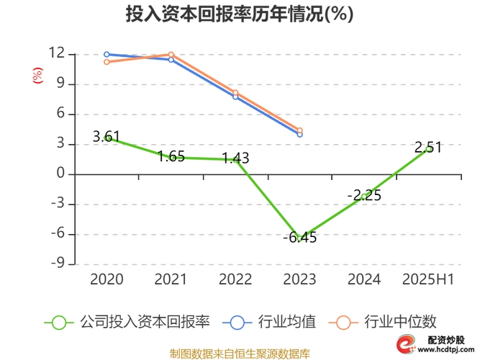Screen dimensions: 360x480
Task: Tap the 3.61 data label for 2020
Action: click(x=107, y=136)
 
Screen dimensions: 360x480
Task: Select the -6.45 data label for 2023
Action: click(x=300, y=238)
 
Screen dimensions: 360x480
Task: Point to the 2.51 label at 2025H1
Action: click(x=428, y=148)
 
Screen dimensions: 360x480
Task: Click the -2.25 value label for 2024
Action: click(x=364, y=195)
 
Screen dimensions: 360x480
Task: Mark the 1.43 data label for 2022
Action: click(x=235, y=158)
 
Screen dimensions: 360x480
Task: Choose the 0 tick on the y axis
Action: click(x=61, y=174)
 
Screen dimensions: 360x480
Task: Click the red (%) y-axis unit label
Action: click(x=37, y=76)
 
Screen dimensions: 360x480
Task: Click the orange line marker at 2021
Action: click(x=171, y=55)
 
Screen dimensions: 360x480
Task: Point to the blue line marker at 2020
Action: click(x=107, y=54)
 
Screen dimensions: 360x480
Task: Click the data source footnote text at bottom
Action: click(x=240, y=353)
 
